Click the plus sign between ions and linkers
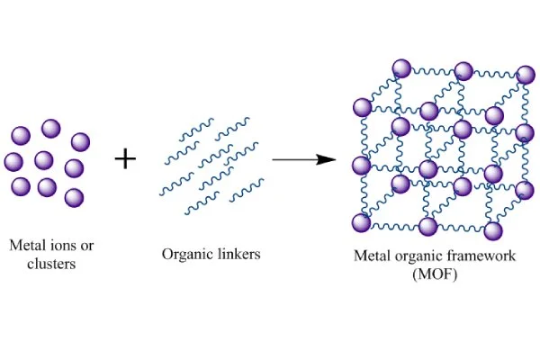pyautogui.click(x=126, y=160)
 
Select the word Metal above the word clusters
pyautogui.click(x=28, y=245)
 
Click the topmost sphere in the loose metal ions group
pyautogui.click(x=50, y=128)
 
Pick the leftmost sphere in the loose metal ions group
pyautogui.click(x=13, y=162)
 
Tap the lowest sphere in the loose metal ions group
pyautogui.click(x=75, y=197)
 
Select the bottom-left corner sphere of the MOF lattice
pyautogui.click(x=361, y=222)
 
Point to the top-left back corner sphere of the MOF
pyautogui.click(x=400, y=67)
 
